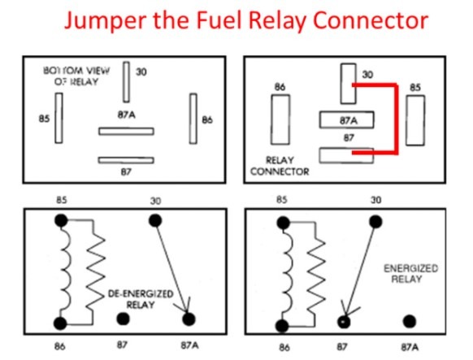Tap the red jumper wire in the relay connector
tap(396, 119)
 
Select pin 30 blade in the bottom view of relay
tap(127, 82)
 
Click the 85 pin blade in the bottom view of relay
tap(59, 118)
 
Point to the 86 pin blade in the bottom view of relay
tap(193, 119)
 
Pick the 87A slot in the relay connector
tap(346, 119)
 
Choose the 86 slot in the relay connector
tap(280, 119)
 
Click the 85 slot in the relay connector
tap(415, 120)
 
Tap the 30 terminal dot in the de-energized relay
tap(155, 221)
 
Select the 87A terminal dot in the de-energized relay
tap(189, 319)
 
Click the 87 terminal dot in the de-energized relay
tap(123, 319)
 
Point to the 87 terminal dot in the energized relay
tap(344, 322)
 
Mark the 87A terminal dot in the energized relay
tap(410, 322)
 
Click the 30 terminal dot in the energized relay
tap(375, 222)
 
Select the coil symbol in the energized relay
tap(287, 275)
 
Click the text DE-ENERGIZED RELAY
tap(141, 299)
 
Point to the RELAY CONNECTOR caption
tap(280, 166)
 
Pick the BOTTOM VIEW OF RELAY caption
tap(76, 76)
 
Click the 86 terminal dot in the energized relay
tap(282, 326)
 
